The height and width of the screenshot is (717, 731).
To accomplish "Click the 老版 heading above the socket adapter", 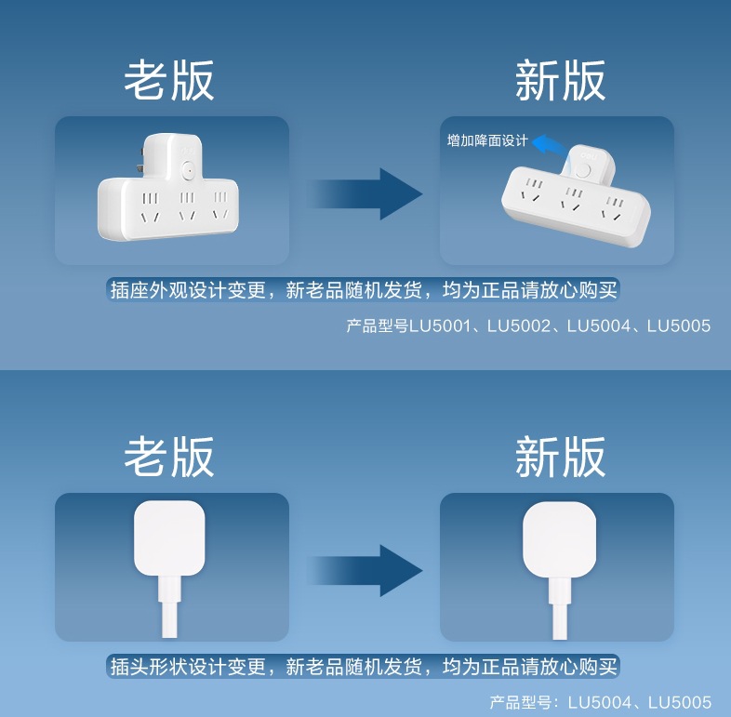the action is (x=169, y=81).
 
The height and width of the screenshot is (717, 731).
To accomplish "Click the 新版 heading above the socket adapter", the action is (x=560, y=81).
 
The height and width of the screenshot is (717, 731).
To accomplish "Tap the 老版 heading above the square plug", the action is (x=169, y=456).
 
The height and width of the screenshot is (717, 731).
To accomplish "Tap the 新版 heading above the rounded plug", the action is (x=560, y=456).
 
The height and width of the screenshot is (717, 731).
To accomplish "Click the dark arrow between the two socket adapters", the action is (x=365, y=194).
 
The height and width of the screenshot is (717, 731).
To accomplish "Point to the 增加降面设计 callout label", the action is (x=486, y=141).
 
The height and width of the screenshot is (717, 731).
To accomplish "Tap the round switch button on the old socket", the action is (x=189, y=170).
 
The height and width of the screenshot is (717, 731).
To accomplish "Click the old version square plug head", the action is (x=169, y=537).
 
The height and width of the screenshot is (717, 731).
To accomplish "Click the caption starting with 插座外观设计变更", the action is (x=363, y=290).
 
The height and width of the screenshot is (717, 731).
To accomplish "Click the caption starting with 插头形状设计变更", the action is (x=363, y=666).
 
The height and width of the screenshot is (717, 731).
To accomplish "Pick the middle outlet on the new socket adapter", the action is (x=573, y=198).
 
